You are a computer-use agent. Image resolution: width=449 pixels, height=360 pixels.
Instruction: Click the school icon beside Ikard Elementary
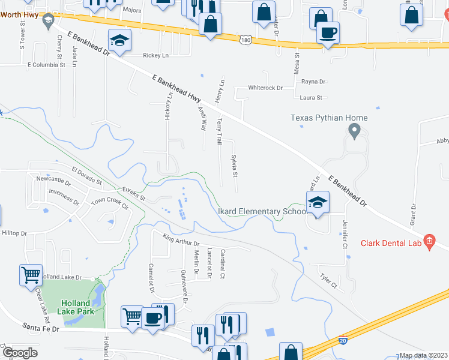coord(318,203)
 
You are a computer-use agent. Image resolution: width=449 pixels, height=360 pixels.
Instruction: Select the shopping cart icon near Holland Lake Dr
coord(31,275)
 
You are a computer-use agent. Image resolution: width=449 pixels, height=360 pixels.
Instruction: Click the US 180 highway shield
coord(244,40)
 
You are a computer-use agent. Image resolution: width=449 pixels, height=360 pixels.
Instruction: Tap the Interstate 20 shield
coord(343,340)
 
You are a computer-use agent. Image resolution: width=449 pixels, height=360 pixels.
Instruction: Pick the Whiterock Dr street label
coord(265,88)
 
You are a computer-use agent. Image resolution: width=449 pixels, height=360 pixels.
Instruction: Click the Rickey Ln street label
coord(155,55)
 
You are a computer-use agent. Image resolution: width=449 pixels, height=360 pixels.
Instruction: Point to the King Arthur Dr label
coord(180,242)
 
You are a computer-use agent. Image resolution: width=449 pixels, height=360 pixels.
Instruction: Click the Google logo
coord(20,353)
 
